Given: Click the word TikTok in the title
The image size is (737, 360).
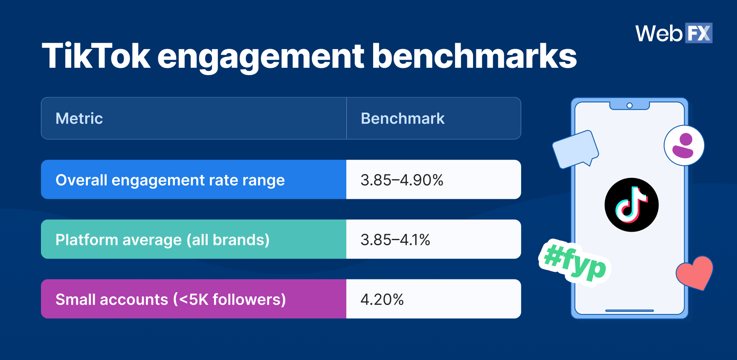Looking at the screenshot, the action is click(96, 55).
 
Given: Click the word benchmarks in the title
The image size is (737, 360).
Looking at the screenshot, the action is click(474, 55).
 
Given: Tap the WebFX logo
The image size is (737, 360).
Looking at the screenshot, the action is click(674, 33).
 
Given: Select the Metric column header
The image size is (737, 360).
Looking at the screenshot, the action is click(79, 118).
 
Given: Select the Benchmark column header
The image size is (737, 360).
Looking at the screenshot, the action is click(403, 118).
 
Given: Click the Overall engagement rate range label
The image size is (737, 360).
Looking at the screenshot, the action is click(170, 180).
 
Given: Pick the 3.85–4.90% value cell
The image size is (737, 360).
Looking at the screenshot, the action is click(434, 180).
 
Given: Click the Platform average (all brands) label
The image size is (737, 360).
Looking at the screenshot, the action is click(162, 240).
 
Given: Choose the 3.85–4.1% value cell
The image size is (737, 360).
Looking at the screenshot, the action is click(434, 239).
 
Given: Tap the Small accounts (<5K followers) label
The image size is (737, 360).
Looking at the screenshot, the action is click(171, 299).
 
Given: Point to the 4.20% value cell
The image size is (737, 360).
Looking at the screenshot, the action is click(434, 299).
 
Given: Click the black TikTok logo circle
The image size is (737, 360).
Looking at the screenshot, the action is click(632, 205).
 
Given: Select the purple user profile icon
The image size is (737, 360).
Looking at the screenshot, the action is click(684, 145).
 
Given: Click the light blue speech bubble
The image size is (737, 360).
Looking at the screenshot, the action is click(575, 149).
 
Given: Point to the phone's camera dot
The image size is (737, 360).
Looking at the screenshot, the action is click(630, 105).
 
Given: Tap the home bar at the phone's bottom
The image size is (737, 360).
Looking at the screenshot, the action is click(630, 311).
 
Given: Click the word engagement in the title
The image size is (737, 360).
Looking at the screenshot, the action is click(261, 56).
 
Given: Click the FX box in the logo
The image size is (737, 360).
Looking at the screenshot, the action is click(699, 33).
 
